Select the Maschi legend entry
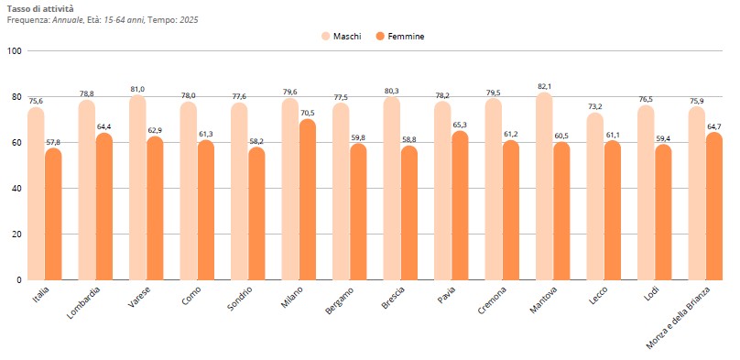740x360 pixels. (345, 37)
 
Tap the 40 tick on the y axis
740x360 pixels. (16, 189)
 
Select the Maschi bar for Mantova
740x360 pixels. (544, 188)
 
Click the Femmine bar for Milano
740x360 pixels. (307, 200)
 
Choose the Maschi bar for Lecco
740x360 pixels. (594, 197)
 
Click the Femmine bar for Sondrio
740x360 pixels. (256, 213)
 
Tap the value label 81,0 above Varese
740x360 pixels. (137, 89)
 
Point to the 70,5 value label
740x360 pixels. (307, 113)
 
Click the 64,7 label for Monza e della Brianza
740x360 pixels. (713, 125)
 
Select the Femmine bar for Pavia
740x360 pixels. (460, 205)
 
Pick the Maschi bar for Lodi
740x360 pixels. (646, 193)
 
